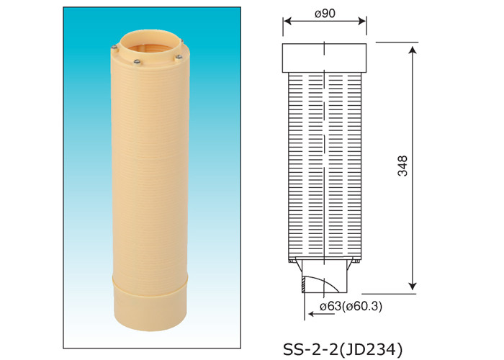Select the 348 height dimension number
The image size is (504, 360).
[402, 166]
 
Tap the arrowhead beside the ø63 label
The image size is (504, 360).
[307, 308]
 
